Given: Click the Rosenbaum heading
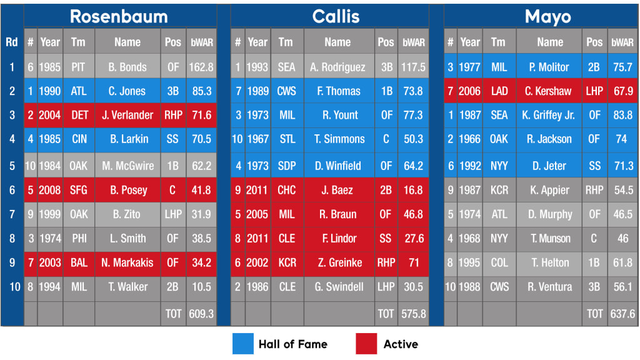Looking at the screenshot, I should coord(119,16).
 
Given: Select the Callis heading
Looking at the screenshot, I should coord(336,16).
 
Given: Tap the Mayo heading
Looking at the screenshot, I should coord(547,16).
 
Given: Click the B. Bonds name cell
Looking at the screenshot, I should coord(127,67).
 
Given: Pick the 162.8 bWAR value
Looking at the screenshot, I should coord(201,67).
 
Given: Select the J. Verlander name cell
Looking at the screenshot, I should coord(127,115).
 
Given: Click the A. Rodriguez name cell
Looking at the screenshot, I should coord(337,67).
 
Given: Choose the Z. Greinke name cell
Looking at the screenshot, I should coord(337,262).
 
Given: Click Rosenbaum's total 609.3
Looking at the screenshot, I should coord(201,314).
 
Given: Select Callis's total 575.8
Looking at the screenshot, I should coord(413,314).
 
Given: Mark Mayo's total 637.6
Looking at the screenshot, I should coord(622,314).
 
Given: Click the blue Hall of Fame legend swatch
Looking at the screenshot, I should coord(242,344).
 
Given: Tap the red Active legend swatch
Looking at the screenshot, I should coord(366,344).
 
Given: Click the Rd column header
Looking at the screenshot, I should coord(11,42).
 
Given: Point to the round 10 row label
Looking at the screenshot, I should coord(11,287).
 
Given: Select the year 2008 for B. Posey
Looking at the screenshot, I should coord(50,190).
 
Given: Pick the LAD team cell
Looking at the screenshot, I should coord(499,91).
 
